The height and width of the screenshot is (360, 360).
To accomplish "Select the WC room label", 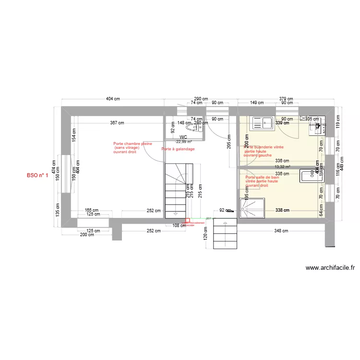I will click(x=183, y=137).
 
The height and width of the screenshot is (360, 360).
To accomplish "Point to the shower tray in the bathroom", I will click(x=252, y=208).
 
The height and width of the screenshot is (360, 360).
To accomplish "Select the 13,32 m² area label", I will click(x=282, y=167).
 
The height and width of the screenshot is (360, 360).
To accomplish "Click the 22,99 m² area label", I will click(x=183, y=142).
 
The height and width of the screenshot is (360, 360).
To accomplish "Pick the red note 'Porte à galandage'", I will click(x=178, y=149).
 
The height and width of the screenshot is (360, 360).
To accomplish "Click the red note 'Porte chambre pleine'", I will click(x=132, y=144).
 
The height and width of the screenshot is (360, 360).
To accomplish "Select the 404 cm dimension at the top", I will click(x=113, y=98).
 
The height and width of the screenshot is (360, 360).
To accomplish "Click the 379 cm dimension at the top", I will click(x=287, y=98).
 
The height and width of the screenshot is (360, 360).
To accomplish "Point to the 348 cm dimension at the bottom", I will click(x=282, y=231).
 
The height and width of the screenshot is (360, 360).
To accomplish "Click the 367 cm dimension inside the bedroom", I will click(x=117, y=123).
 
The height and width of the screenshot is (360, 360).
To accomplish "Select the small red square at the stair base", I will click(x=187, y=221).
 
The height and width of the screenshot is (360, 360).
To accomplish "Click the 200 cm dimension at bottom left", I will click(x=87, y=234).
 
